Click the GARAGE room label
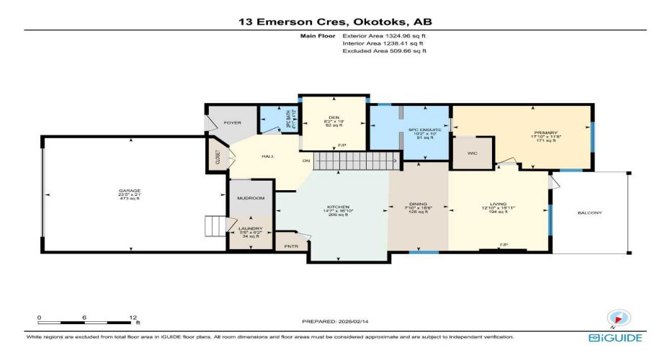coord(130,191)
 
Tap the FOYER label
coord(232,122)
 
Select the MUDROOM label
coord(251,198)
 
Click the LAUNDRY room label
coord(251,229)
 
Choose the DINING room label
coord(419,204)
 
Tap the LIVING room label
coord(499,204)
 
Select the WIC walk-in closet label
coord(473,153)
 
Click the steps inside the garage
coord(216,227)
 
